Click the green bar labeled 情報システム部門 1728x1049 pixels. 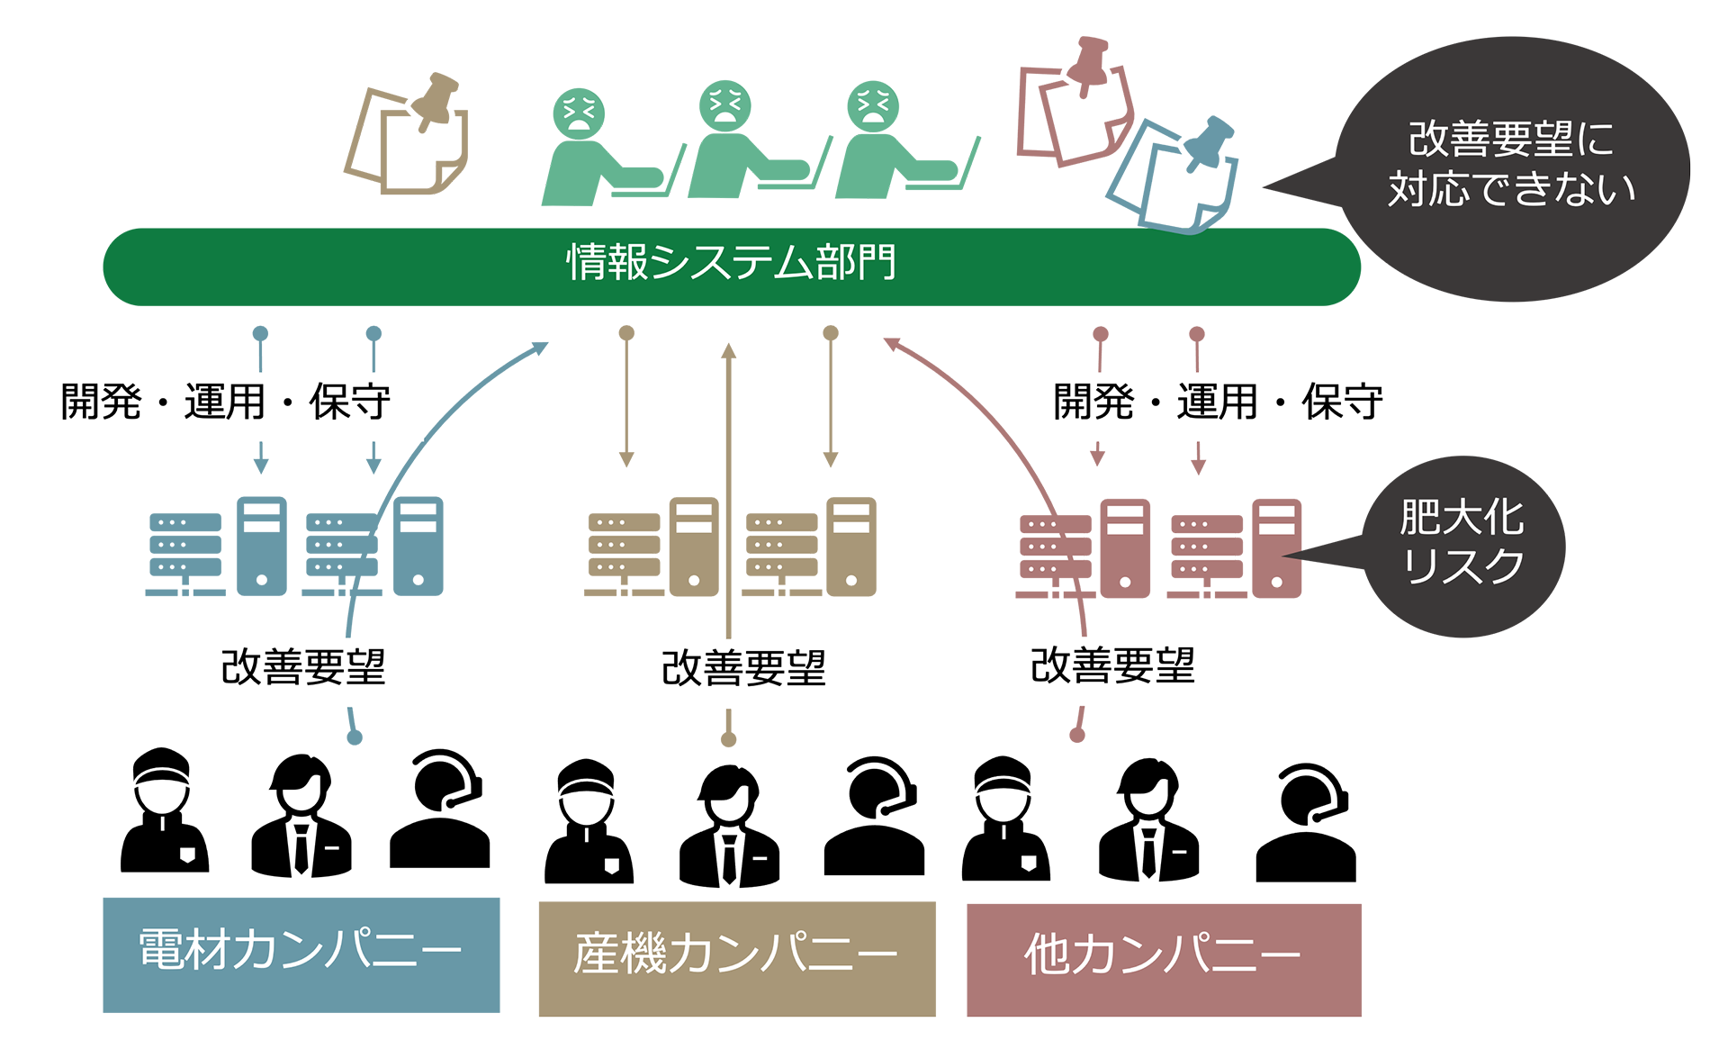[x=731, y=267]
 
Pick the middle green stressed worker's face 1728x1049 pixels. [x=724, y=106]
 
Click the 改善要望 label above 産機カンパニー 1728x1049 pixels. [x=743, y=668]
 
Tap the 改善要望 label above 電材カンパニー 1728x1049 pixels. [x=303, y=666]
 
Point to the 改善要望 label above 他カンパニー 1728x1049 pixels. [x=1112, y=666]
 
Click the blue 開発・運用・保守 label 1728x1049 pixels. [x=225, y=402]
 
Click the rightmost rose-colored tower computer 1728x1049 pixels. [x=1276, y=547]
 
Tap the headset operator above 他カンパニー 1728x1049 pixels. [x=1306, y=824]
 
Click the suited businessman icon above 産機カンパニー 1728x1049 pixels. [x=729, y=825]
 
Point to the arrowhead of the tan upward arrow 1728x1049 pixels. [x=728, y=351]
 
